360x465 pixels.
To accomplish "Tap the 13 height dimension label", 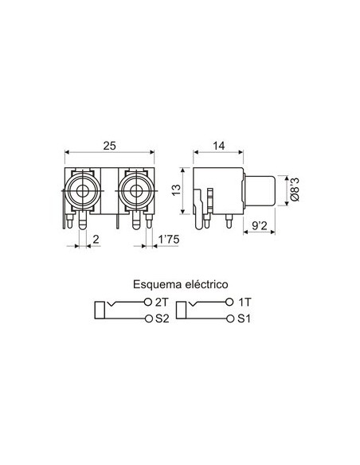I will pos(177,189).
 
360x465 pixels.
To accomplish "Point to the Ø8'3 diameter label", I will pos(294,190).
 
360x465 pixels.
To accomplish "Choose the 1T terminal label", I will pos(246,303).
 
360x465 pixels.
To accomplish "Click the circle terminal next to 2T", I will pos(149,303).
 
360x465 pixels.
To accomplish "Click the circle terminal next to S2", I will pos(149,319).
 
